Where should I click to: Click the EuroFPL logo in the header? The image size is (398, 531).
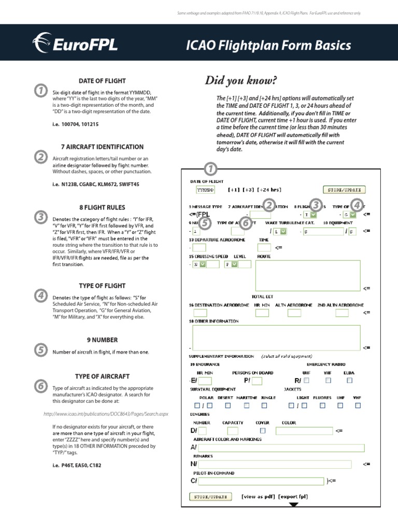(76, 44)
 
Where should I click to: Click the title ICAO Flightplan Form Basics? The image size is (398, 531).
(268, 45)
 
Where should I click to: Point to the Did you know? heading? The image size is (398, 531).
(241, 80)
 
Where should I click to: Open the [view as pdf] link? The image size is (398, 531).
(258, 496)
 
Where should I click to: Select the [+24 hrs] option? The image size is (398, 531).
(269, 190)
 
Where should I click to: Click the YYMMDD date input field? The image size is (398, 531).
(206, 190)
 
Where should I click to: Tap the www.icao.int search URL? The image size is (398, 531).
(106, 414)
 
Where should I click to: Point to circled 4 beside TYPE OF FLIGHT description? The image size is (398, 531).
(40, 296)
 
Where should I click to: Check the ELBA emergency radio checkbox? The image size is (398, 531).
(349, 380)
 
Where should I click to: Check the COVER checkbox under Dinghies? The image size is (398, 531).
(262, 430)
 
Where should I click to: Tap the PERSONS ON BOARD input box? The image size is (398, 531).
(257, 381)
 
